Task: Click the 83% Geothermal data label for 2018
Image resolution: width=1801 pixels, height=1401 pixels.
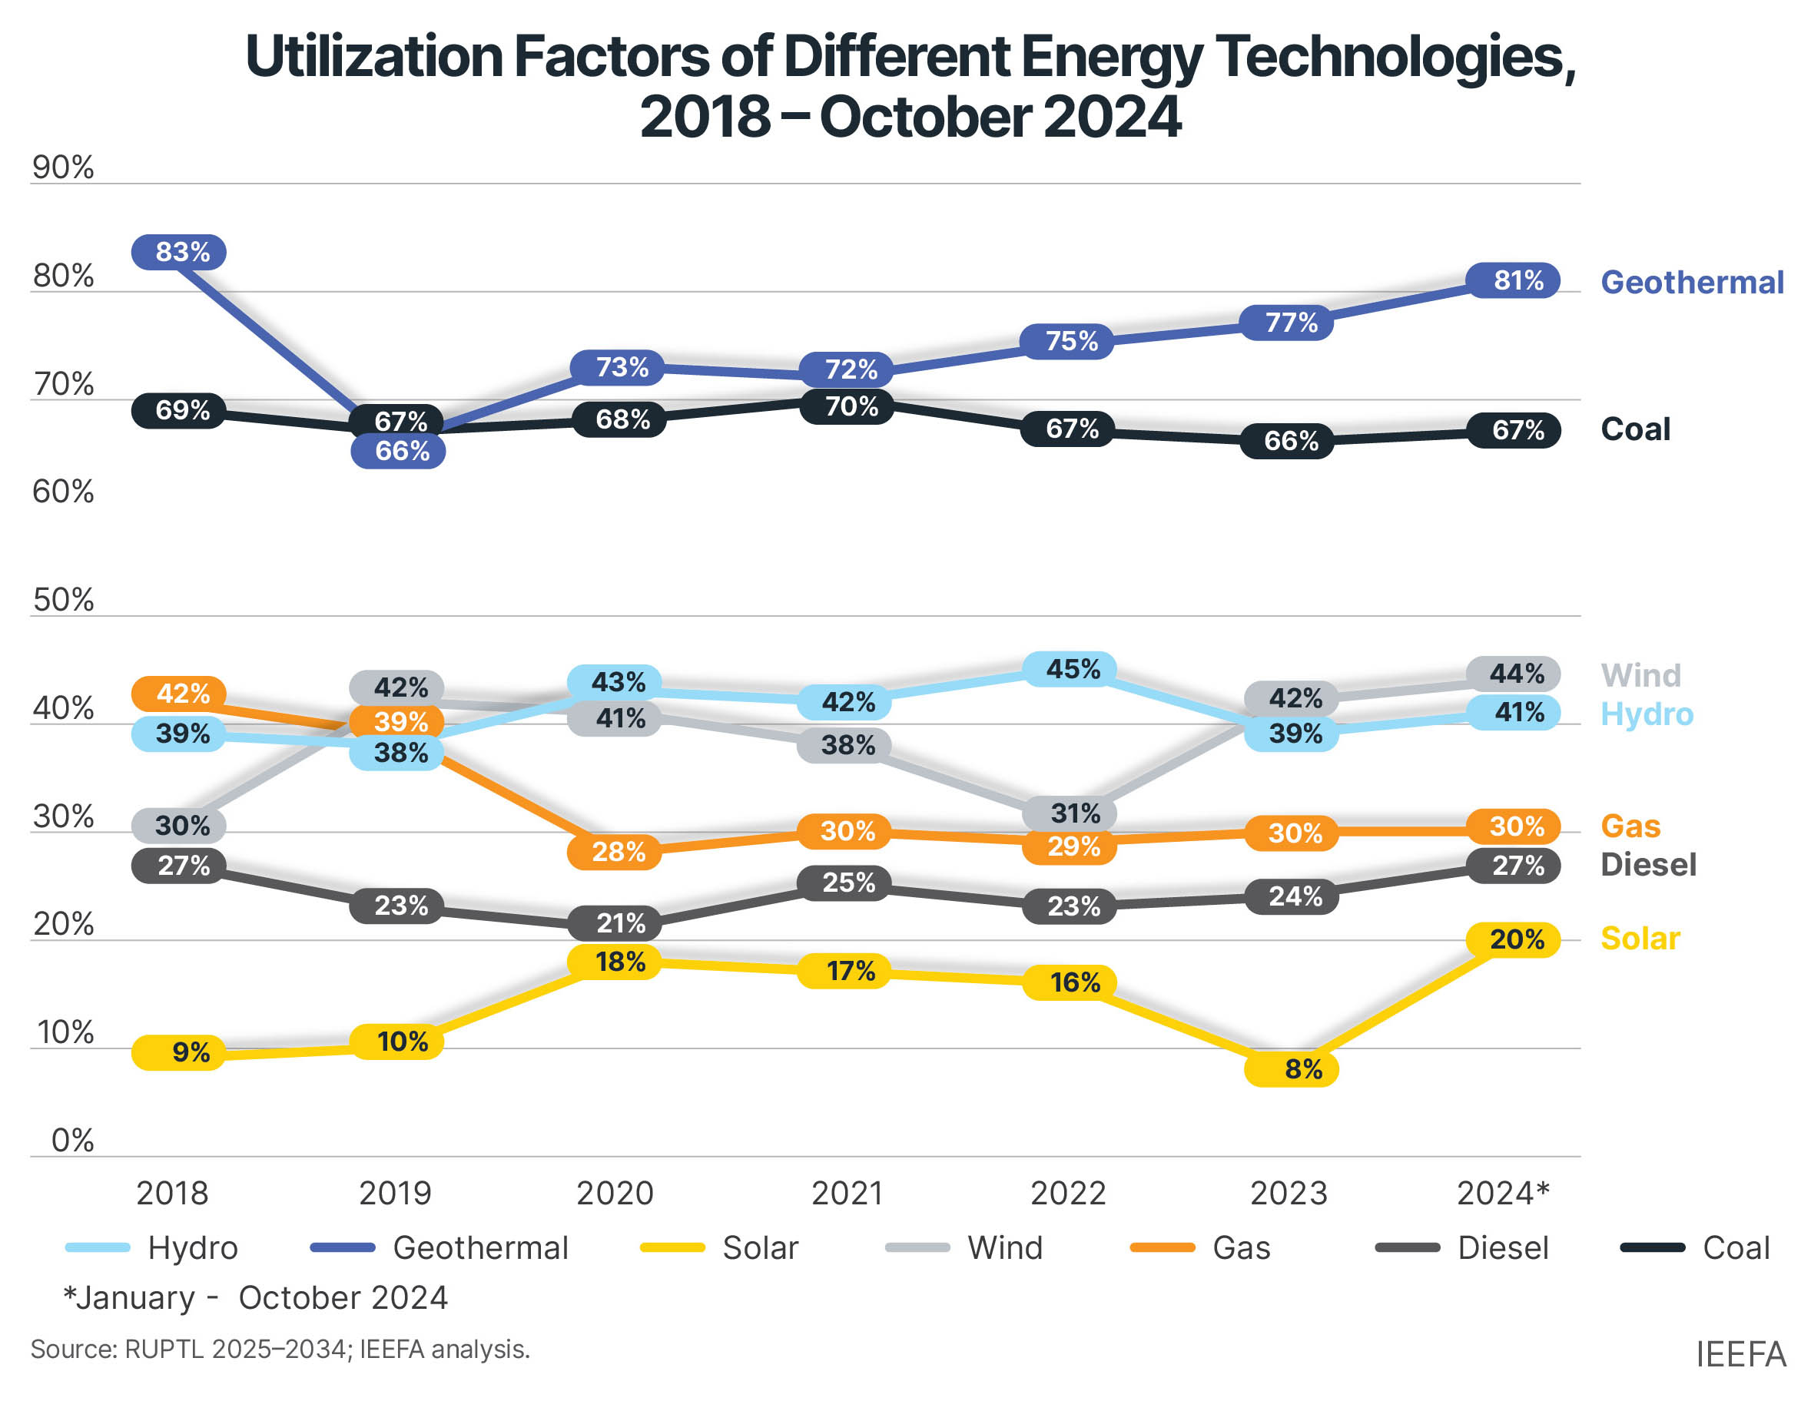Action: [x=179, y=251]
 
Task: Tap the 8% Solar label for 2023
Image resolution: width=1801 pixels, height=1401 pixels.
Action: [x=1292, y=1069]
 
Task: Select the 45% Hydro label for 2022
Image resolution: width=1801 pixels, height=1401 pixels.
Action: [x=1070, y=669]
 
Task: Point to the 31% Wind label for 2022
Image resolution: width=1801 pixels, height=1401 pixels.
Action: [x=1070, y=814]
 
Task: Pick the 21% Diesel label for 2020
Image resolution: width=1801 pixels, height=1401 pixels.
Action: [x=616, y=922]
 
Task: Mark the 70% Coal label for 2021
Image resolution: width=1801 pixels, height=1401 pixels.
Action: [x=847, y=406]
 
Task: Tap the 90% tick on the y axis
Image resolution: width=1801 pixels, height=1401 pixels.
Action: [x=63, y=167]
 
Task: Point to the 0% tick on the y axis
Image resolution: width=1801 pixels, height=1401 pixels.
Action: [x=71, y=1141]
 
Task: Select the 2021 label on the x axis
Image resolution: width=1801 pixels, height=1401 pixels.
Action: [x=847, y=1193]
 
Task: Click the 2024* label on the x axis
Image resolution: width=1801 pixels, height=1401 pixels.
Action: [x=1502, y=1193]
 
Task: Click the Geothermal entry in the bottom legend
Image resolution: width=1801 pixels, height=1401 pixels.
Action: [x=480, y=1247]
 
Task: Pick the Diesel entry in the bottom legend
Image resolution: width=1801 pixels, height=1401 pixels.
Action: [x=1502, y=1247]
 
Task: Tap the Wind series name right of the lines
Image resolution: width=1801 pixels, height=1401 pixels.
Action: [x=1640, y=675]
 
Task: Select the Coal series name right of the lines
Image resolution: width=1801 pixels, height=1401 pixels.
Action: [x=1635, y=429]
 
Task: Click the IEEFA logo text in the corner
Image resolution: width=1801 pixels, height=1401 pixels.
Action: [x=1740, y=1354]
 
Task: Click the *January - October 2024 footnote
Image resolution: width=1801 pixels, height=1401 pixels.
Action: [x=256, y=1298]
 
